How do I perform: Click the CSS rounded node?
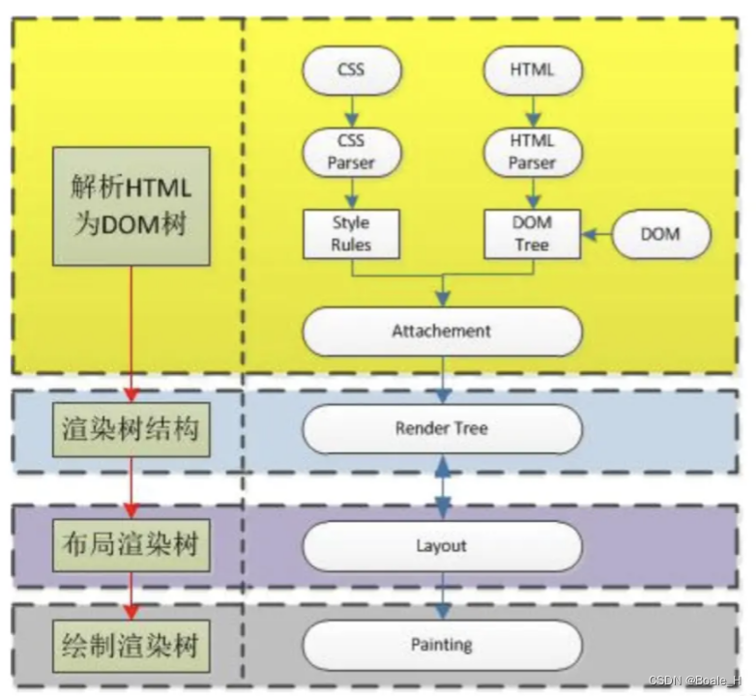(x=351, y=70)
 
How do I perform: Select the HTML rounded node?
(x=532, y=70)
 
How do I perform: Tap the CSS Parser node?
(x=351, y=152)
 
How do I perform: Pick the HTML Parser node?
(x=532, y=152)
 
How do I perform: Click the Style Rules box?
(x=351, y=234)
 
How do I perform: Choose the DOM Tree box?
(x=532, y=234)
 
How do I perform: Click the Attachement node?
(x=442, y=332)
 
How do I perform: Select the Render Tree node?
(x=442, y=428)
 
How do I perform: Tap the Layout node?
(x=442, y=546)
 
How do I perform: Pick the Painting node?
(x=442, y=644)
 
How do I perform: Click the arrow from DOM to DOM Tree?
(x=596, y=234)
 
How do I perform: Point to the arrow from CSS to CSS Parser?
(x=351, y=110)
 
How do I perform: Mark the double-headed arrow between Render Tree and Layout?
(x=444, y=487)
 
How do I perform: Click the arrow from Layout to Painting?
(x=444, y=596)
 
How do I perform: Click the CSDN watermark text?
(x=698, y=681)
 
